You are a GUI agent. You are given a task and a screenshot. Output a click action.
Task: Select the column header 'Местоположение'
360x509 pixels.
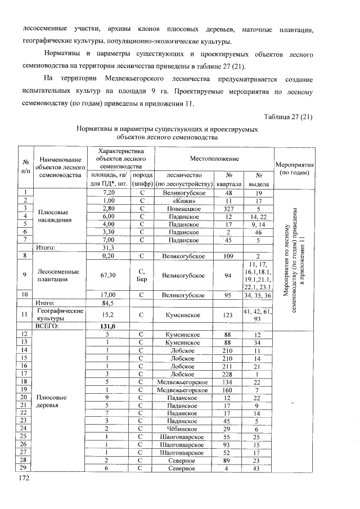coord(214,159)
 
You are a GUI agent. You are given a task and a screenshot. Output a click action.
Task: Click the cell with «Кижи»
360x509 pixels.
coord(184,200)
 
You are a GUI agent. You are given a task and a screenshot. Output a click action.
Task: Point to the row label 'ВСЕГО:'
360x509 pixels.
coord(48,326)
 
